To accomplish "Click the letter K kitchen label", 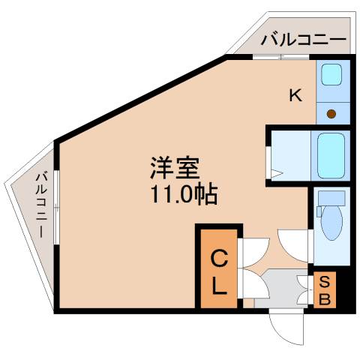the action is click(295, 95).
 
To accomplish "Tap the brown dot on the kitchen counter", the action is click(331, 114).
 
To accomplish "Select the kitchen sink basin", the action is click(331, 74).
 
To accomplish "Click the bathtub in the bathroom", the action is click(331, 155).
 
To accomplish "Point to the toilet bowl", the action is click(331, 223).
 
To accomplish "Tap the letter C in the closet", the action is click(219, 259).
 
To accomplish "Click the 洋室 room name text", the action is click(175, 168).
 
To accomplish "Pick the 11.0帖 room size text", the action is click(184, 193).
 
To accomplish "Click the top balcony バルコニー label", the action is click(304, 40).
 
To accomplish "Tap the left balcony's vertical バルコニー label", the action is click(41, 205).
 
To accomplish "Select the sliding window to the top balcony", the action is click(281, 57).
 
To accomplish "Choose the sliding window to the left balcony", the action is click(57, 207).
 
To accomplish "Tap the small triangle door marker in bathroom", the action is click(277, 174).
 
